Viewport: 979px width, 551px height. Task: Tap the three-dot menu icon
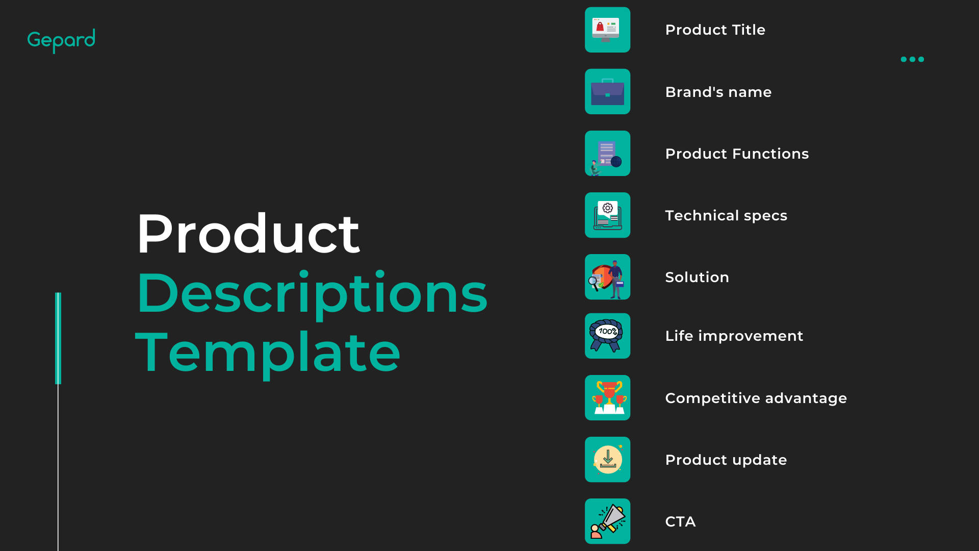pyautogui.click(x=912, y=59)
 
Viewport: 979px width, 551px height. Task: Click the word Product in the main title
pyautogui.click(x=248, y=234)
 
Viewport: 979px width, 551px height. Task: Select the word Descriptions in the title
pyautogui.click(x=312, y=294)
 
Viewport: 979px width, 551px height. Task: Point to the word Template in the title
pyautogui.click(x=268, y=353)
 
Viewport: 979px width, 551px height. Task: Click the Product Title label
pyautogui.click(x=715, y=30)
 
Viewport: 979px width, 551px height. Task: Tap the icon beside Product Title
pyautogui.click(x=607, y=30)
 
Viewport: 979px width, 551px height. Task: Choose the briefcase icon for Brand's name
pyautogui.click(x=607, y=92)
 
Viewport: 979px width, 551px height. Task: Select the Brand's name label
pyautogui.click(x=718, y=92)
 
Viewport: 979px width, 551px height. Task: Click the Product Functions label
pyautogui.click(x=737, y=154)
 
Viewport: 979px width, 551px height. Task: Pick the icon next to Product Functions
pyautogui.click(x=607, y=154)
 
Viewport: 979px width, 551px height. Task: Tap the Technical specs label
pyautogui.click(x=726, y=216)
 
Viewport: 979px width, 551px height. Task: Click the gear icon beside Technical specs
pyautogui.click(x=607, y=215)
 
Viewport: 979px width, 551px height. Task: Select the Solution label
pyautogui.click(x=697, y=277)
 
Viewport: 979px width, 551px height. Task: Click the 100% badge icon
pyautogui.click(x=607, y=336)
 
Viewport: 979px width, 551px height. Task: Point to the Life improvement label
pyautogui.click(x=734, y=336)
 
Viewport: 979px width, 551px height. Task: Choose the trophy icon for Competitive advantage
pyautogui.click(x=607, y=398)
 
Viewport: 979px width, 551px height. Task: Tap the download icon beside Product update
pyautogui.click(x=607, y=460)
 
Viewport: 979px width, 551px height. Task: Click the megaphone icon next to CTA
pyautogui.click(x=607, y=521)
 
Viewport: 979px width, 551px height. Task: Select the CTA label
pyautogui.click(x=680, y=521)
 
